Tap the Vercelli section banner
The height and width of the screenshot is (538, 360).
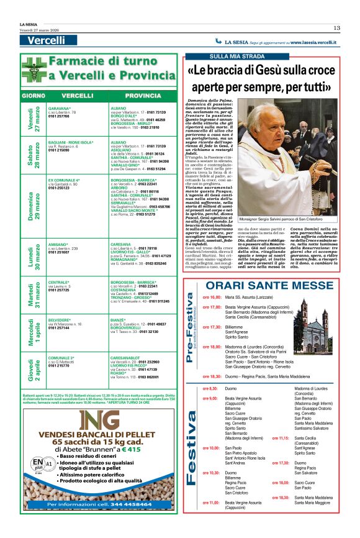point(47,40)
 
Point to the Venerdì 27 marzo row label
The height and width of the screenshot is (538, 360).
point(32,119)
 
